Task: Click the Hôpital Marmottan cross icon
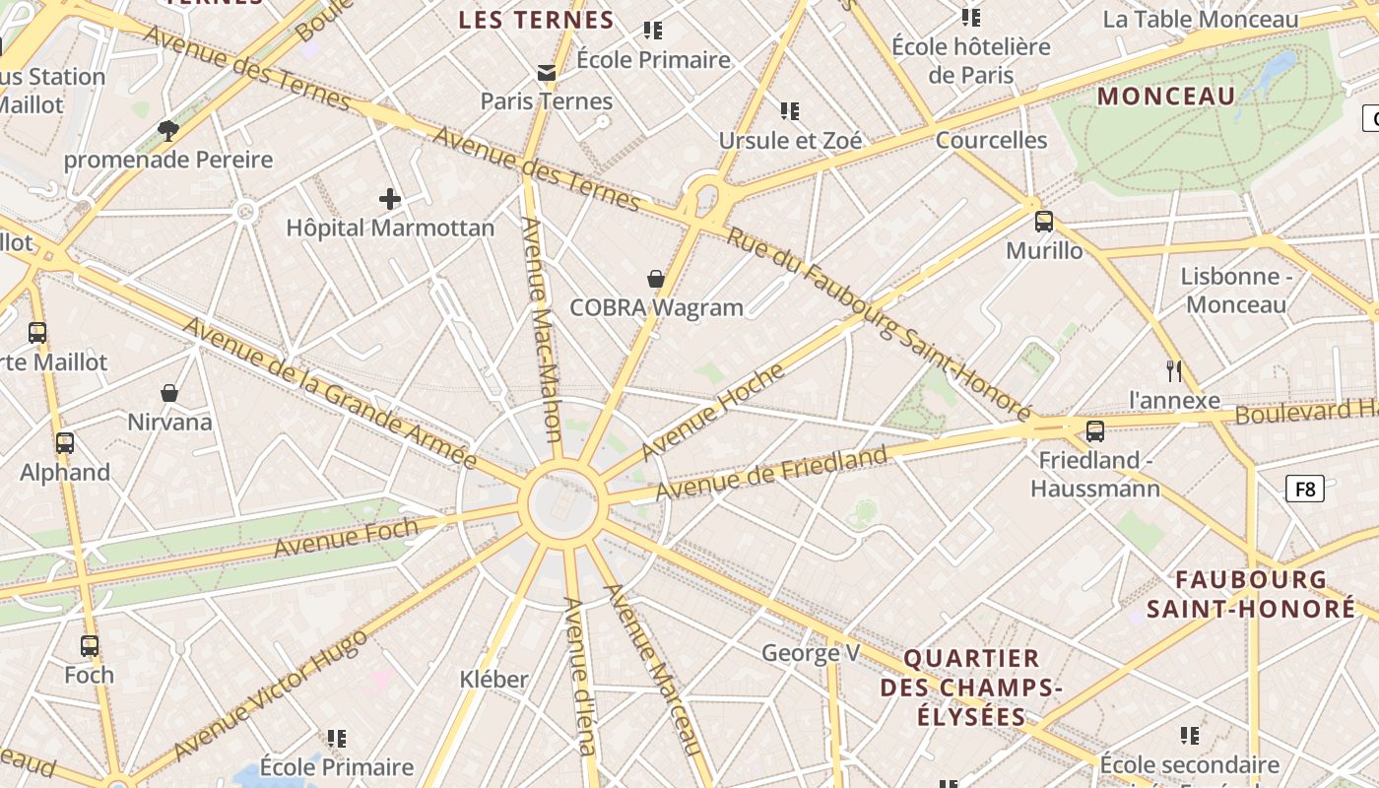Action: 390,200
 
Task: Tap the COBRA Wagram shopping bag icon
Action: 656,280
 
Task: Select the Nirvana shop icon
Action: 169,393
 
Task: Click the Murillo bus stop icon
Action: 1044,222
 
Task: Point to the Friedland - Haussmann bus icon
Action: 1095,431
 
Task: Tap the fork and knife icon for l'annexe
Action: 1173,371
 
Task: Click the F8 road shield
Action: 1304,488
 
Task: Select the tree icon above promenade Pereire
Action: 168,130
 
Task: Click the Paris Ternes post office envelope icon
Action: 547,73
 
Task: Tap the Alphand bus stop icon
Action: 65,443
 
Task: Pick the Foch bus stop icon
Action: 90,646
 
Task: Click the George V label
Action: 811,653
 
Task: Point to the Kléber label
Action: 494,679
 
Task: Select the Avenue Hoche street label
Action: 713,411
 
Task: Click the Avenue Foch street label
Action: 346,536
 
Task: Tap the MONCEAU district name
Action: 1166,97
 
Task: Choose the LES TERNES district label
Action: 537,21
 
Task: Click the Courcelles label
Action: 991,140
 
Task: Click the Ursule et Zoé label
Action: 790,141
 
